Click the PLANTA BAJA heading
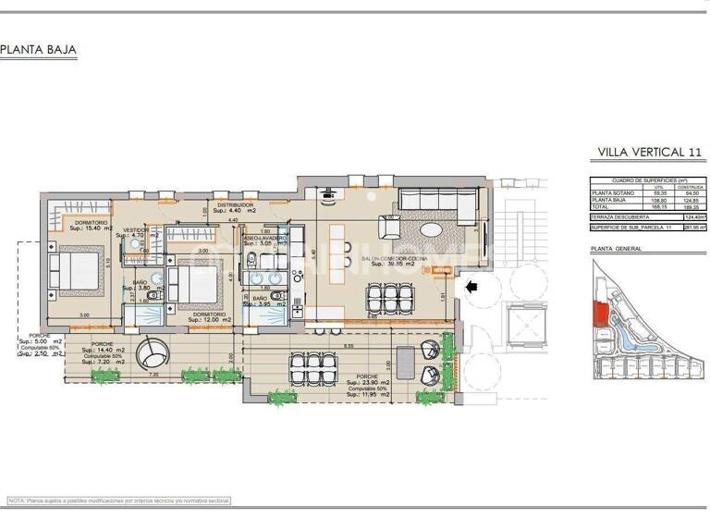(38, 50)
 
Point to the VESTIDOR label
(136, 229)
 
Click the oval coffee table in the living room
(432, 230)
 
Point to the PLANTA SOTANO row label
(613, 193)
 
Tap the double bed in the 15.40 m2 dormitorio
(75, 275)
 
